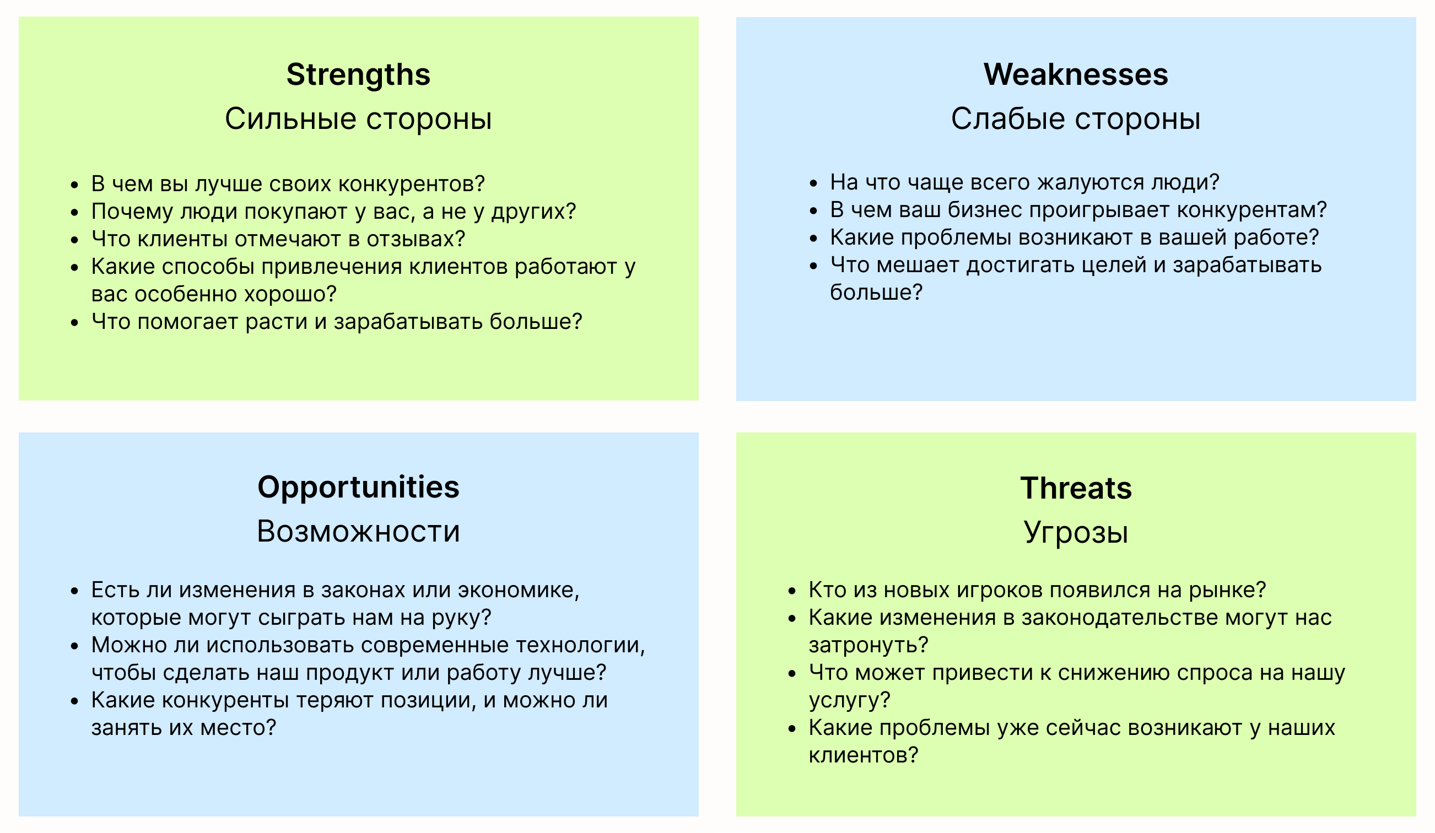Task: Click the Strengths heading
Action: pos(358,75)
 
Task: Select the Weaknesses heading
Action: pos(1076,74)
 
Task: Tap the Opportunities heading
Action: pos(358,488)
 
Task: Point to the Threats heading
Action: pos(1076,489)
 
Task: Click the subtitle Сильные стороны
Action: pos(358,119)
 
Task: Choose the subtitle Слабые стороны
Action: pos(1076,119)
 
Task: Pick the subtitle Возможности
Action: pos(358,531)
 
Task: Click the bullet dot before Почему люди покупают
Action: pos(74,212)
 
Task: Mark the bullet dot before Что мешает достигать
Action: pos(814,266)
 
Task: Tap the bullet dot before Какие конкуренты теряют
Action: pos(74,701)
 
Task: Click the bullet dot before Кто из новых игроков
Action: pos(792,591)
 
